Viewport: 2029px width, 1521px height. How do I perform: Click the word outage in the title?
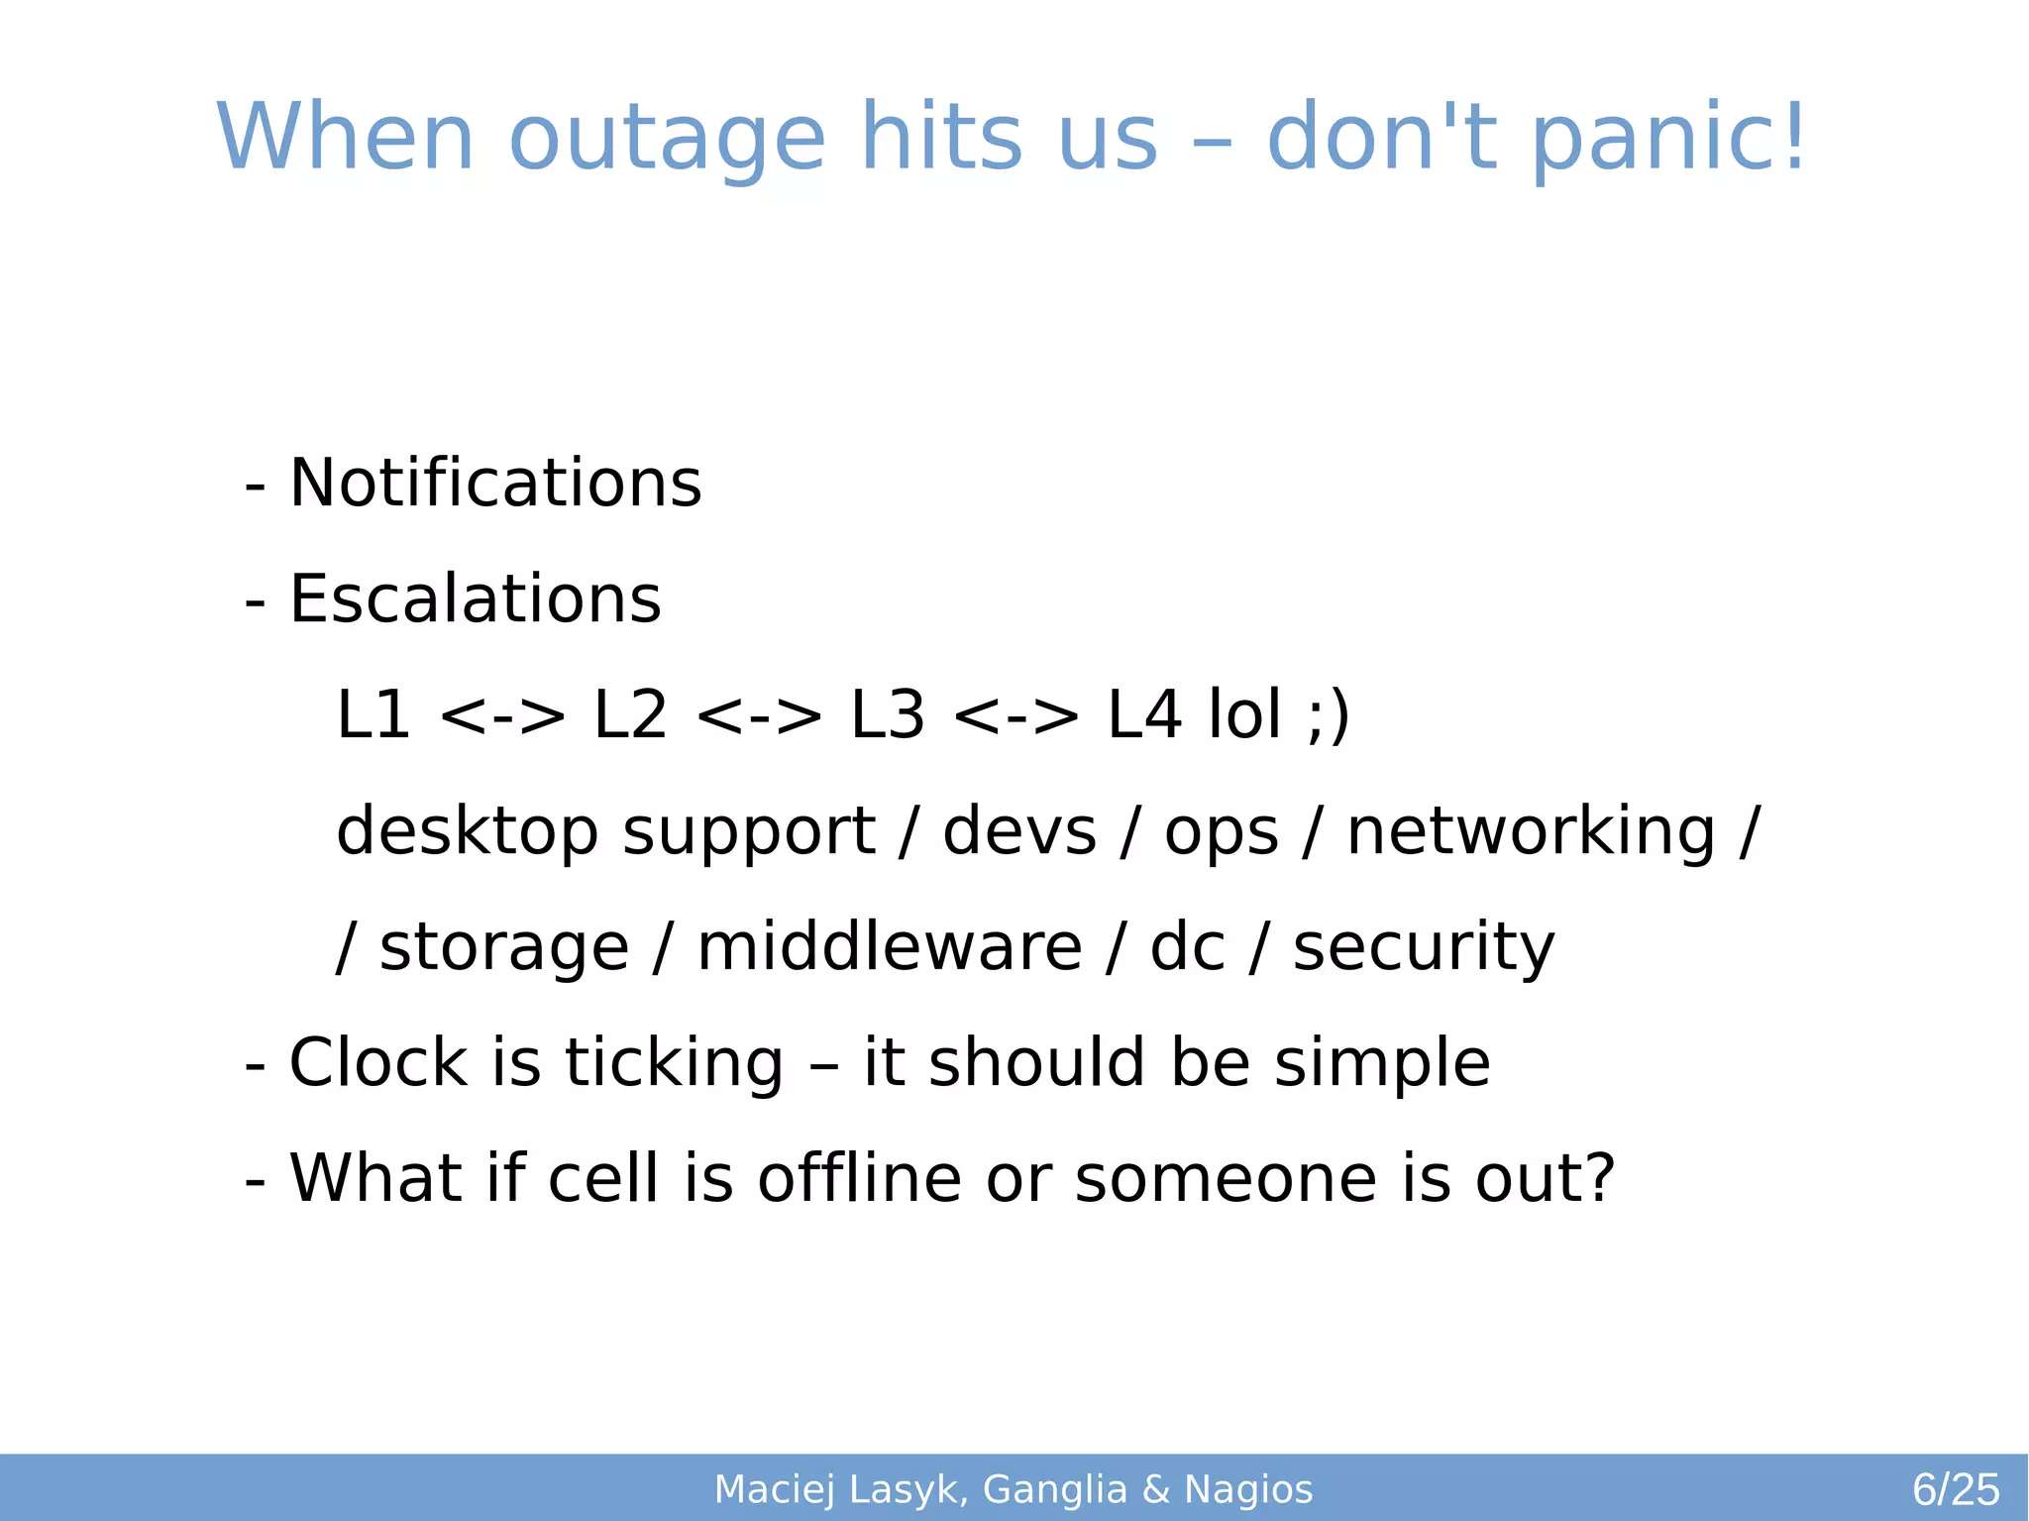667,139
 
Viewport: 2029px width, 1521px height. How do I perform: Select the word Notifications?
494,484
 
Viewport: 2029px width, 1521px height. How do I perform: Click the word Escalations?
475,599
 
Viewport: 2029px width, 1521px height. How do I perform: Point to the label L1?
374,714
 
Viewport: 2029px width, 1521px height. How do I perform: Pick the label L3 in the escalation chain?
888,714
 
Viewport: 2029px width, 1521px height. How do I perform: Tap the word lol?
1244,714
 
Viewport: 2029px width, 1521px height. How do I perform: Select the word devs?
1019,830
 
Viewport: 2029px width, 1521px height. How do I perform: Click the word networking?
1531,830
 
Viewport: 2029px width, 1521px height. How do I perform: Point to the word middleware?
889,946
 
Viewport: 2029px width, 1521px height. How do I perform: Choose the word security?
1424,946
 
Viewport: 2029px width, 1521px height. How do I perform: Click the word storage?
503,946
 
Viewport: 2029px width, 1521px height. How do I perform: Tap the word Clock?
377,1062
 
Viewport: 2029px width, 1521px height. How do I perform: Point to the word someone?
1226,1178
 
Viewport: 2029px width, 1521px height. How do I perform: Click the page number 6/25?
1955,1489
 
